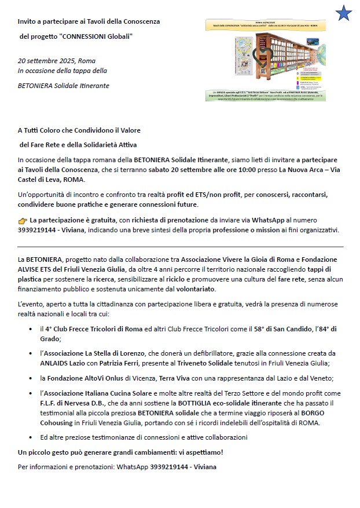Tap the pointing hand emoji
tap(23, 221)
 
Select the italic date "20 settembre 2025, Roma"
tap(57, 61)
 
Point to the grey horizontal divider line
tap(180, 247)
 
